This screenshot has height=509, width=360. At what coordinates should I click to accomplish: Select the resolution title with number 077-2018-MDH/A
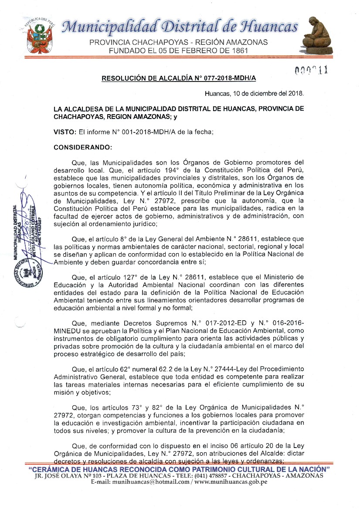(179, 79)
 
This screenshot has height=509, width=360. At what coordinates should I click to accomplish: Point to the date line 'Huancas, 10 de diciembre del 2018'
(255, 93)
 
